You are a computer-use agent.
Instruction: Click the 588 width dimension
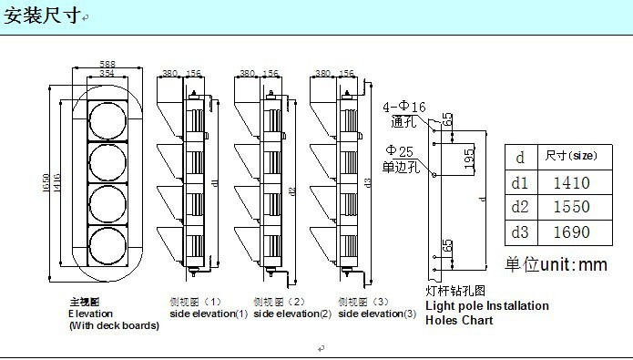coord(107,64)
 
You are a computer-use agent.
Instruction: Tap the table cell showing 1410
coord(571,182)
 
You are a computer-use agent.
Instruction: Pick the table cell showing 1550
coord(571,207)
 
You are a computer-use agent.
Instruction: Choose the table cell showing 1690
coord(571,231)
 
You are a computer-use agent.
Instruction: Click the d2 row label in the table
coord(520,207)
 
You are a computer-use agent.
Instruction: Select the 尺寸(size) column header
coord(570,156)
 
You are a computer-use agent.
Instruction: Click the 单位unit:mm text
coord(556,264)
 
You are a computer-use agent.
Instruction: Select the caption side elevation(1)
coord(208,314)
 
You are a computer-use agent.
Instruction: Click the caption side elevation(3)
coord(377,314)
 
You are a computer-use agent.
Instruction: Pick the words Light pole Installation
coord(487,306)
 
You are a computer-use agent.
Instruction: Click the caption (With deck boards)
coord(114,325)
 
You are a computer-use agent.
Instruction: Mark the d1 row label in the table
coord(520,182)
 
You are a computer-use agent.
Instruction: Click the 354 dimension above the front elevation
coord(107,73)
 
